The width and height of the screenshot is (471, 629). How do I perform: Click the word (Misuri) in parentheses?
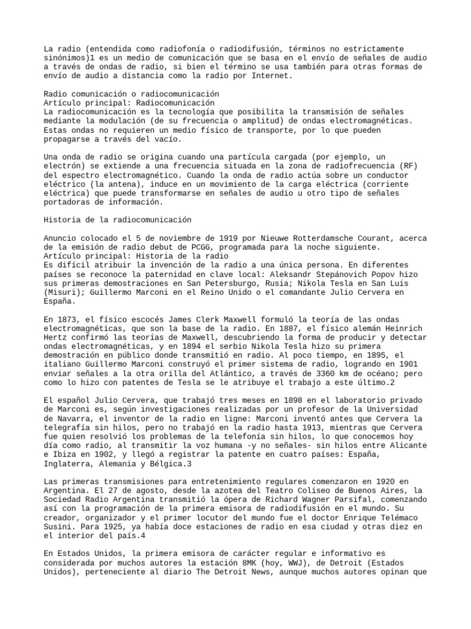click(61, 292)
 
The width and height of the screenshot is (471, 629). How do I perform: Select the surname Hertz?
click(57, 337)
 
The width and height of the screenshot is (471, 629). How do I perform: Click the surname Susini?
click(59, 527)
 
